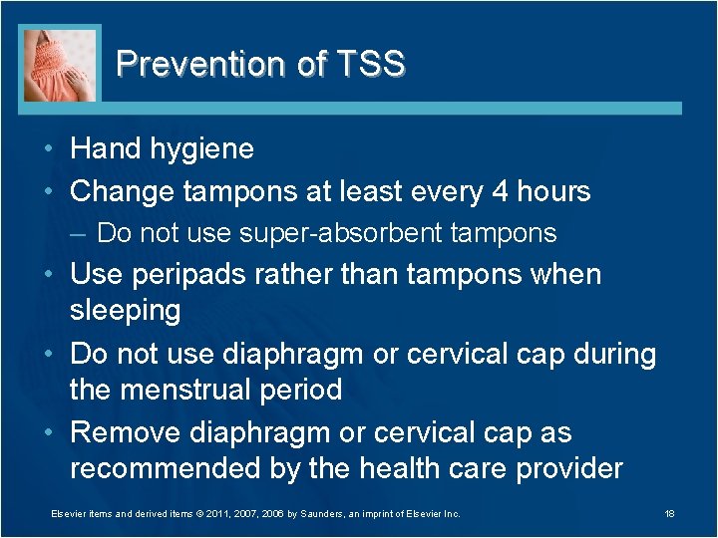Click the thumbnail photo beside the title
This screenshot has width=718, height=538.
click(x=61, y=64)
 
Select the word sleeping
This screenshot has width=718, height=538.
click(x=125, y=310)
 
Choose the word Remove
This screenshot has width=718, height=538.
click(x=122, y=432)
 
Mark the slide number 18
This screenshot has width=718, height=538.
click(x=669, y=514)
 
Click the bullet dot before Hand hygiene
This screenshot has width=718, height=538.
click(x=51, y=149)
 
